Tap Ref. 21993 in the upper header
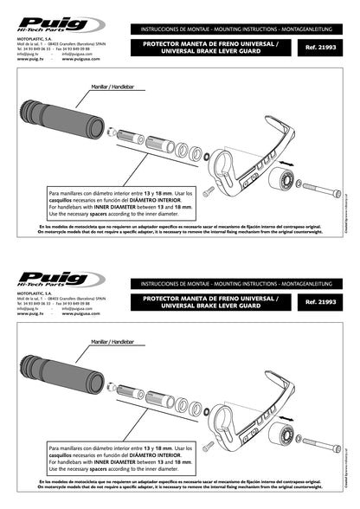[321, 47]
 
